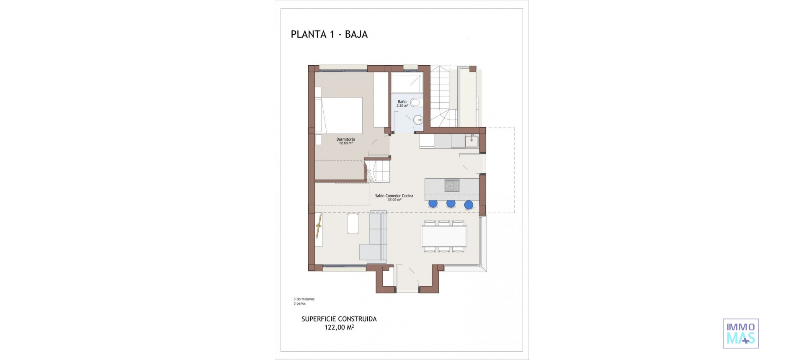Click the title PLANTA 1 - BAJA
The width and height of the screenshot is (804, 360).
pos(329,34)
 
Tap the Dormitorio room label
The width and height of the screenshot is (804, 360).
pos(345,139)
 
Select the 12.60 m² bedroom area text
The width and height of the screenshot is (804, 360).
pos(345,143)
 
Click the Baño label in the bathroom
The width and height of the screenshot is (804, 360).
pos(402,102)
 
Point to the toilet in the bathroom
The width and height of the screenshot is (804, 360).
pos(415,103)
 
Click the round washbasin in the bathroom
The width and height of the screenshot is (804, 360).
pos(417,121)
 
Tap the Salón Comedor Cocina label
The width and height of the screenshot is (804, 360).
pos(394,196)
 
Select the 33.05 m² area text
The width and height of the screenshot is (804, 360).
pos(394,200)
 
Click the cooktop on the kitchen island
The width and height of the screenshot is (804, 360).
pos(452,185)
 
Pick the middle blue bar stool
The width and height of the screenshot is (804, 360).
pos(451,204)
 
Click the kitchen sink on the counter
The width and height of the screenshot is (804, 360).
pos(472,140)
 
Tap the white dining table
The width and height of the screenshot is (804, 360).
pos(444,236)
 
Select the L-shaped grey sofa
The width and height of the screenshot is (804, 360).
pos(376,239)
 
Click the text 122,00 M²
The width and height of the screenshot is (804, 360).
pos(339,328)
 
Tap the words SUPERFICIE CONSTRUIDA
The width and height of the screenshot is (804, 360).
pos(339,319)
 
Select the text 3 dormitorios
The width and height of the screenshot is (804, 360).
pos(304,299)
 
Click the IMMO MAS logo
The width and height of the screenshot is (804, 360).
pos(740,334)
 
